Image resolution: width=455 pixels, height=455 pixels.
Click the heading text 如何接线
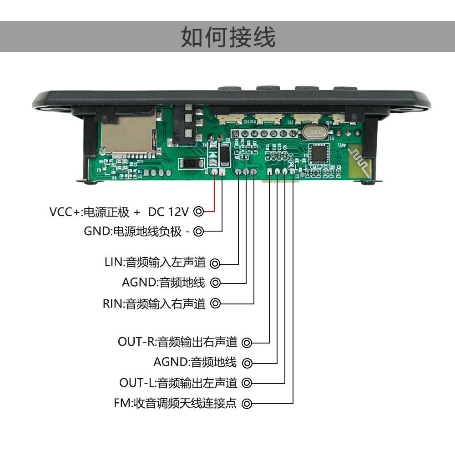228,37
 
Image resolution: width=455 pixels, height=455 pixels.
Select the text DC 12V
168,212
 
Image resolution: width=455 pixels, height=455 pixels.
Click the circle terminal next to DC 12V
198,212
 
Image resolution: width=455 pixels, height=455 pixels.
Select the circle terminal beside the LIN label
215,263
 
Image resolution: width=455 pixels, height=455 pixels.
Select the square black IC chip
319,154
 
